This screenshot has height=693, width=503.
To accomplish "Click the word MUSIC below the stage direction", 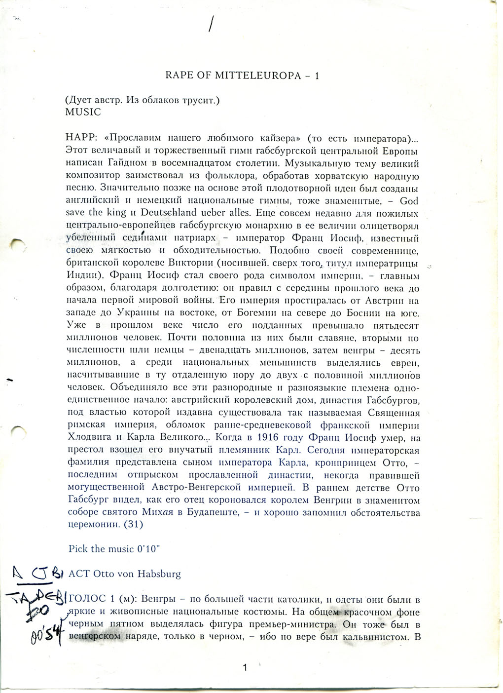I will click(x=83, y=112).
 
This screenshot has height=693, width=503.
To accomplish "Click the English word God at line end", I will click(x=409, y=201).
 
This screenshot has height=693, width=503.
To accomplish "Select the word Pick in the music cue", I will click(x=78, y=548).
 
